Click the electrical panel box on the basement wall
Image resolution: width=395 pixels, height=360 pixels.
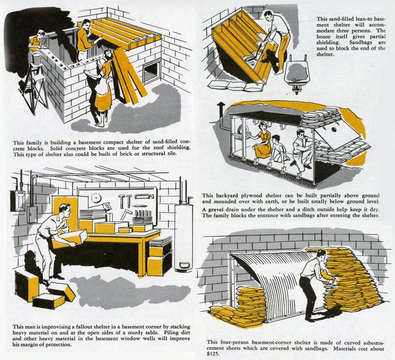pyautogui.click(x=32, y=215)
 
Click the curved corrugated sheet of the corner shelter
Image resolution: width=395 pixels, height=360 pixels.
pyautogui.click(x=274, y=280)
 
